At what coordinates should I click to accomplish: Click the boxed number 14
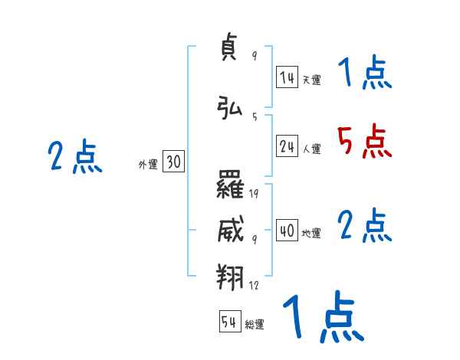(287, 77)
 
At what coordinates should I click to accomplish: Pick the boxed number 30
(173, 162)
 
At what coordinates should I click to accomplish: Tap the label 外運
(148, 164)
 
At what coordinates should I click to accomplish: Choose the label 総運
(255, 325)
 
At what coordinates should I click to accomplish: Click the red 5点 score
(363, 142)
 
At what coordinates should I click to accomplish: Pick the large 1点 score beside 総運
(323, 319)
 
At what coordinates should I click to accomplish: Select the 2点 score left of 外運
(74, 157)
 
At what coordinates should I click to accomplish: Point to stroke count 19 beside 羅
(254, 193)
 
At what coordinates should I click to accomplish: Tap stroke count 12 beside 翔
(254, 285)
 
